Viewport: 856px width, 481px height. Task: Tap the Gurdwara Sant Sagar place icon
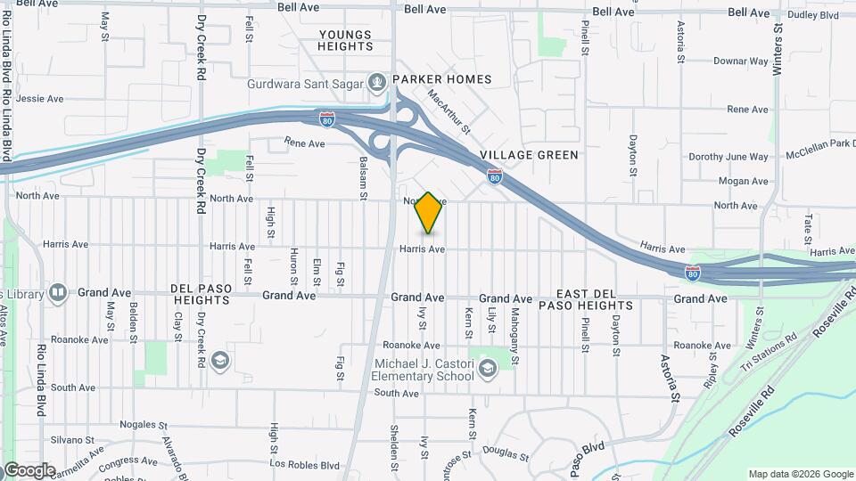coord(378,81)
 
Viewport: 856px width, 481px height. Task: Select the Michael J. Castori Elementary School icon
coord(488,368)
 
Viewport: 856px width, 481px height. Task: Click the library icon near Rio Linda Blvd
coord(58,292)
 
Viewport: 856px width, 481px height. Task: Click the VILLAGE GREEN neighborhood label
coord(529,155)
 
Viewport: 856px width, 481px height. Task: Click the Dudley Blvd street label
coord(813,15)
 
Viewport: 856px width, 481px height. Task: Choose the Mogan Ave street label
coord(743,181)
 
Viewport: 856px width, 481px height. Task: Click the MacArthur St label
coord(448,110)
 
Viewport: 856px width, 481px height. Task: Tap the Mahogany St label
coord(514,330)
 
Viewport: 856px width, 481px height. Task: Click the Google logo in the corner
coord(29,469)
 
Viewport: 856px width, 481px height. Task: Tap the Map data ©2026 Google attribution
coord(800,474)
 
